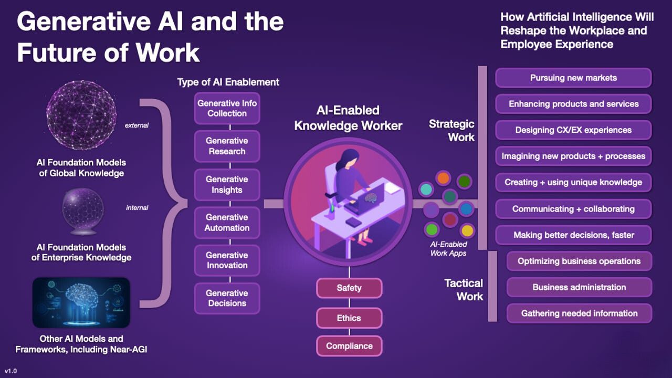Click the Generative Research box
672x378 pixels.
(227, 146)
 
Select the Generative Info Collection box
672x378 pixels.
(227, 108)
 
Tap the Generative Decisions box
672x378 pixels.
(227, 298)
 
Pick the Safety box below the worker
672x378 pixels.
(349, 288)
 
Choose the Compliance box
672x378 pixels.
(349, 346)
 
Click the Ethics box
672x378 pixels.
(349, 318)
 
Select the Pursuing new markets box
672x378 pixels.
(573, 78)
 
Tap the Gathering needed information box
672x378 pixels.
(579, 313)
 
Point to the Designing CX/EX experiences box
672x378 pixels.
(573, 130)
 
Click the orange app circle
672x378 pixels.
(443, 178)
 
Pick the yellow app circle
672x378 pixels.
(467, 230)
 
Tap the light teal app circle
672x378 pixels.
(426, 190)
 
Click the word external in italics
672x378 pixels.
(137, 125)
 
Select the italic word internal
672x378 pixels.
(137, 207)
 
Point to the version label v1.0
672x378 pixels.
(11, 371)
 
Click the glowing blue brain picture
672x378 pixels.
(81, 302)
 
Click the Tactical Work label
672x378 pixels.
(464, 290)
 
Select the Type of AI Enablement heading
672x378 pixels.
(228, 82)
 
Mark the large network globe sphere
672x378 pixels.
(81, 115)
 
